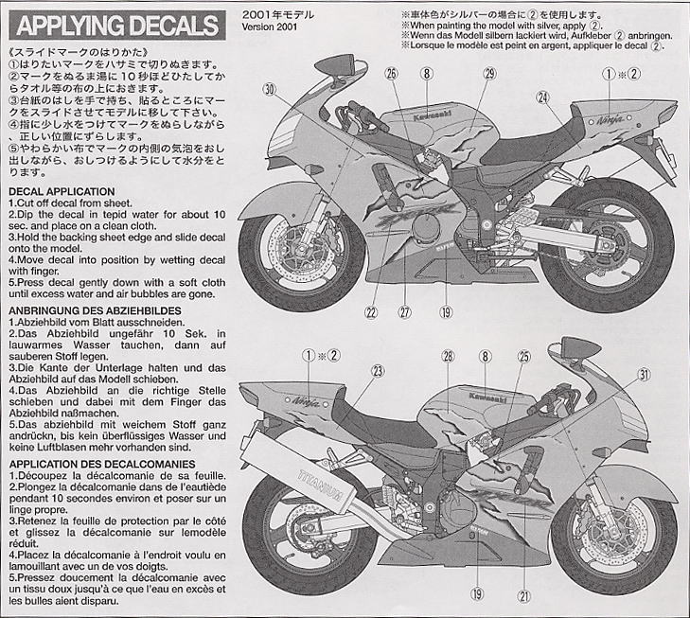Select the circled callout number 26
click(391, 73)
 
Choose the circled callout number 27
click(406, 313)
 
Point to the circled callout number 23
click(377, 372)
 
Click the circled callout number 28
click(448, 356)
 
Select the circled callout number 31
click(643, 375)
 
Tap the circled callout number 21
click(522, 594)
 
